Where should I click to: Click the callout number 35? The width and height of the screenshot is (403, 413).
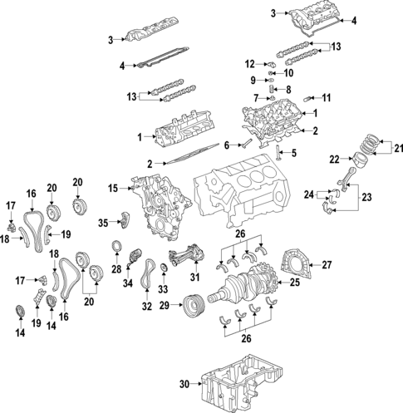pos(103,223)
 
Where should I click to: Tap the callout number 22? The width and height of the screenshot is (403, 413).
pos(333,158)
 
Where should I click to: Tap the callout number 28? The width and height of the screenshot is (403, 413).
pos(116,268)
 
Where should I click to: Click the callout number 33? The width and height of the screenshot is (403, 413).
pos(164,289)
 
